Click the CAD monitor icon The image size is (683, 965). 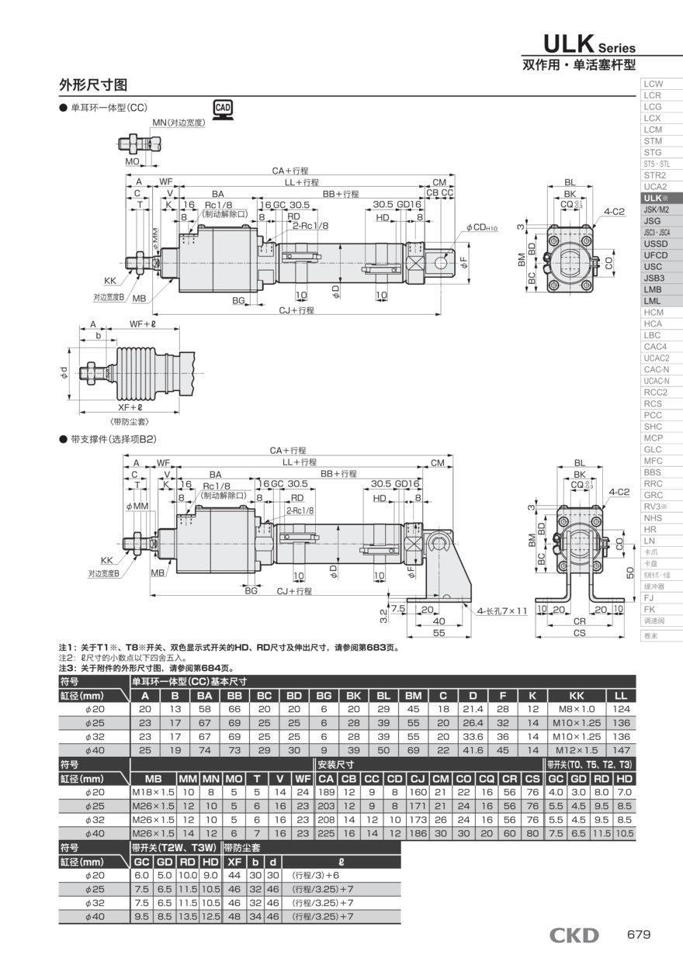click(x=223, y=109)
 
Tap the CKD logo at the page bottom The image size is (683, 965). click(x=574, y=935)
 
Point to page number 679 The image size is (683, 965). click(x=638, y=935)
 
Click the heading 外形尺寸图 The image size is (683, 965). click(x=93, y=85)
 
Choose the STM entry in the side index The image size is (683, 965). click(x=653, y=141)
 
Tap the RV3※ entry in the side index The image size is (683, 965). click(x=656, y=507)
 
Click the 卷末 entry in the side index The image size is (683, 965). click(x=651, y=635)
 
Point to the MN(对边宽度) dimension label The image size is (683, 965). click(x=178, y=123)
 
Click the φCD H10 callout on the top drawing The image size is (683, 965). click(x=481, y=227)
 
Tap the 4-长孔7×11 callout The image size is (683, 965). click(x=502, y=611)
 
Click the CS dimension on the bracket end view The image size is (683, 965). click(x=579, y=634)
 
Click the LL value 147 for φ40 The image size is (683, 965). click(x=621, y=749)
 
